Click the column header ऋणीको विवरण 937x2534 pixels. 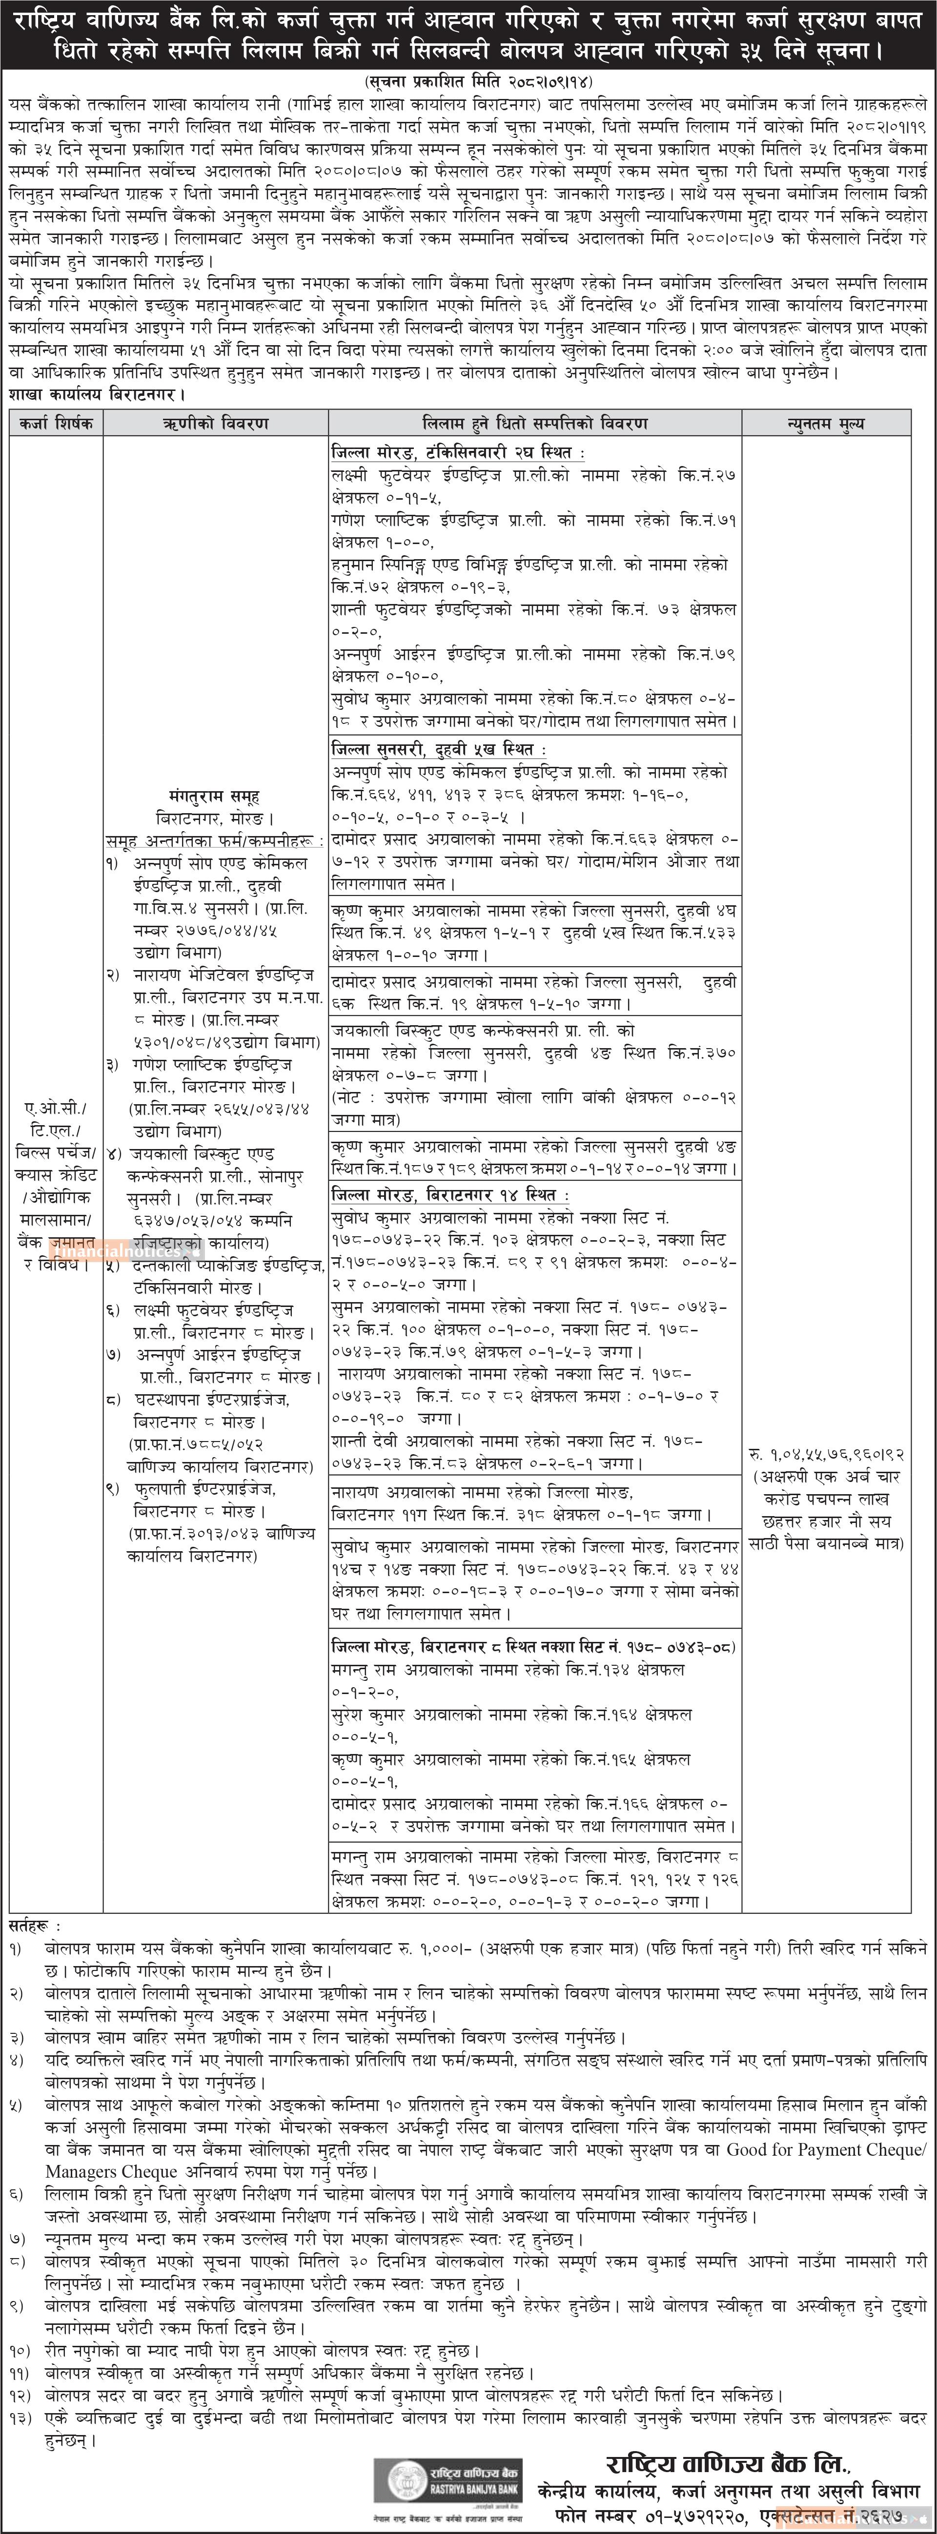coord(216,423)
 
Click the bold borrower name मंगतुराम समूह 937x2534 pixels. coord(215,796)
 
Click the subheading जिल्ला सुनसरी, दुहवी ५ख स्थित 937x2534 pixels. coord(433,750)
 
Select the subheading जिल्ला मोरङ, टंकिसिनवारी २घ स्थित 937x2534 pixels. coord(458,452)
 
